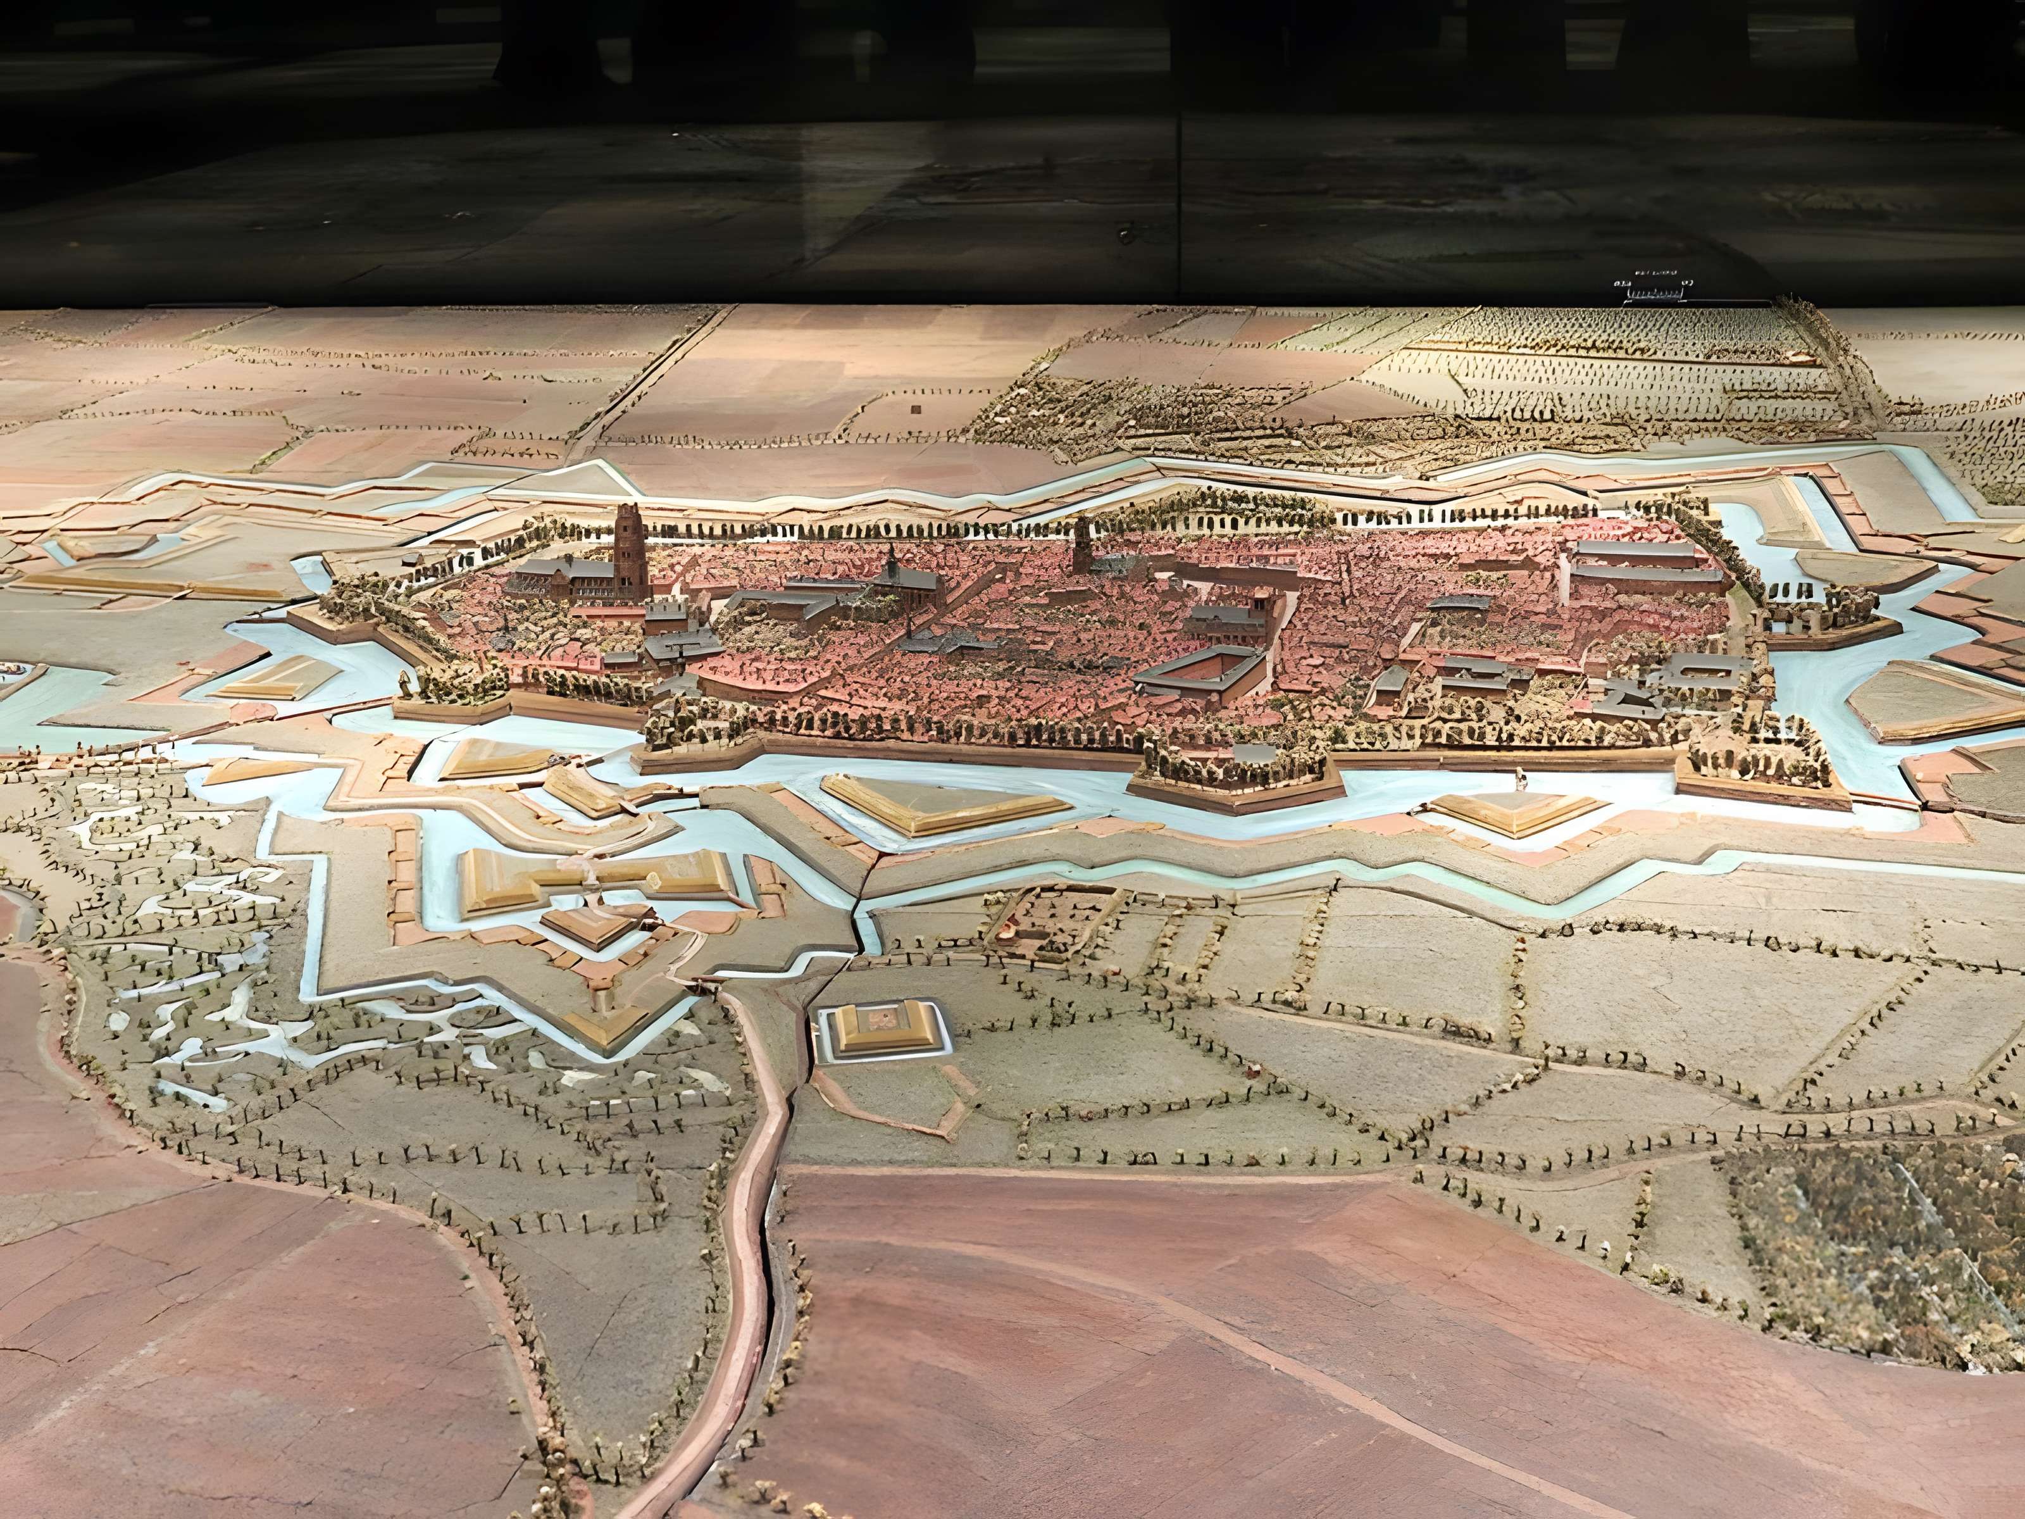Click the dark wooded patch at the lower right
click(1877, 1236)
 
